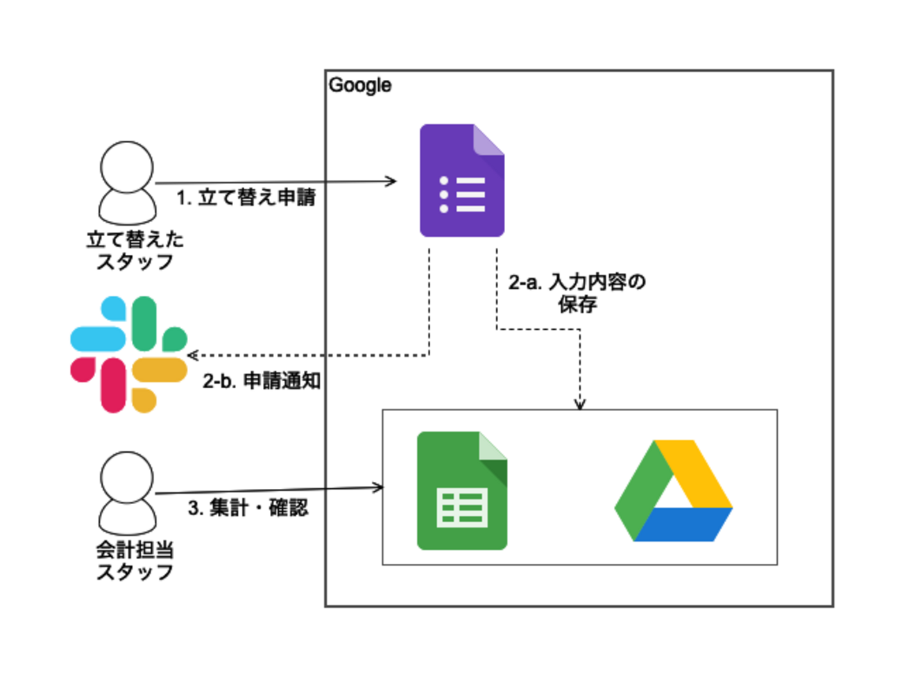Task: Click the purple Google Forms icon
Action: (x=461, y=181)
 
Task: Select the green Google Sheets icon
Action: (x=461, y=491)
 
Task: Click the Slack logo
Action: (x=129, y=354)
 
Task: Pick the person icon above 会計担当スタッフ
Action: (x=127, y=492)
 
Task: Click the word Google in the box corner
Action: (x=359, y=85)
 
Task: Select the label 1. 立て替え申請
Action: (x=246, y=198)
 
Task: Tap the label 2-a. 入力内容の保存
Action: (x=577, y=292)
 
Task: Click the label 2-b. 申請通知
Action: (x=262, y=381)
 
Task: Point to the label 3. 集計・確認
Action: (x=248, y=508)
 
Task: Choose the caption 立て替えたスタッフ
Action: (x=135, y=251)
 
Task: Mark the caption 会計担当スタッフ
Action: (x=135, y=561)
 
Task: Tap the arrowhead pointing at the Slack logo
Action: (x=192, y=356)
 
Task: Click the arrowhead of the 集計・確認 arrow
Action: (x=379, y=487)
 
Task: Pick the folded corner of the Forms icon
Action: (x=489, y=139)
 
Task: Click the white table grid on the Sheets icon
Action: (x=462, y=508)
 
